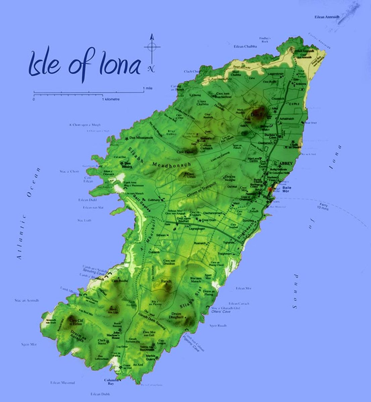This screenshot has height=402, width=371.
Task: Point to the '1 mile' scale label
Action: (x=148, y=88)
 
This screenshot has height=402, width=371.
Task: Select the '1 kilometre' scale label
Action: (x=111, y=99)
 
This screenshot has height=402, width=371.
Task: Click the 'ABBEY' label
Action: (x=286, y=163)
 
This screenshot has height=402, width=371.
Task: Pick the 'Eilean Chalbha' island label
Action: (x=245, y=47)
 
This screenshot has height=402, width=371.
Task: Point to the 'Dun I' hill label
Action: (x=256, y=115)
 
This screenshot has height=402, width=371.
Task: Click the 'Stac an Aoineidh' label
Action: (x=27, y=300)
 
